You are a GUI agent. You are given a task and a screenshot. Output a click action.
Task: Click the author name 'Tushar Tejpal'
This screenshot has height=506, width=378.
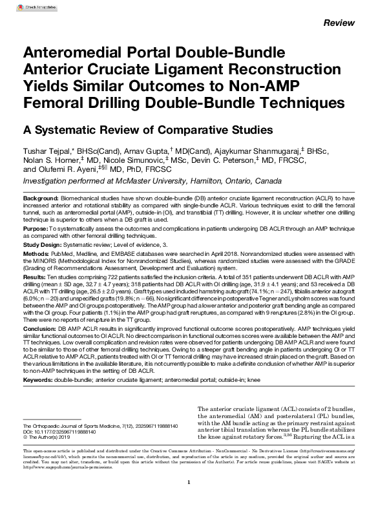[x=48, y=151]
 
